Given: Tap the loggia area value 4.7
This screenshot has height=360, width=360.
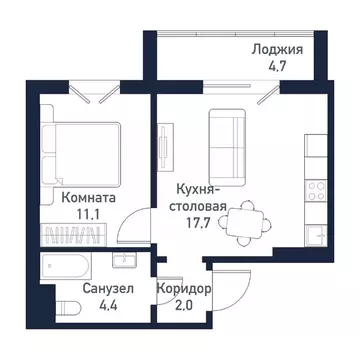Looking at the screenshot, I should click(x=278, y=69).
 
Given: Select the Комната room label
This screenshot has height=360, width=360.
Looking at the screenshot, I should click(x=87, y=198).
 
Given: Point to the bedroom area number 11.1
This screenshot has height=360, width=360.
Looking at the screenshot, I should click(x=87, y=214).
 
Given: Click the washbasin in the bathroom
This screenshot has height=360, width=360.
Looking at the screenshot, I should click(x=124, y=262).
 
